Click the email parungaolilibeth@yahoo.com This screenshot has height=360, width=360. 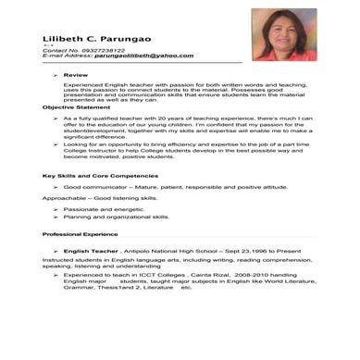click(x=135, y=56)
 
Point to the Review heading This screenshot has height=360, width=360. click(x=76, y=74)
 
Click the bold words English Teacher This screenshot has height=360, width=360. click(x=92, y=252)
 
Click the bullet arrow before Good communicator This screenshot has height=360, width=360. click(x=56, y=187)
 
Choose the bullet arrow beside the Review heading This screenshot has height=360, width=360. click(x=56, y=74)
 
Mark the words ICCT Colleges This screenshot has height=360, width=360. click(x=155, y=276)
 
